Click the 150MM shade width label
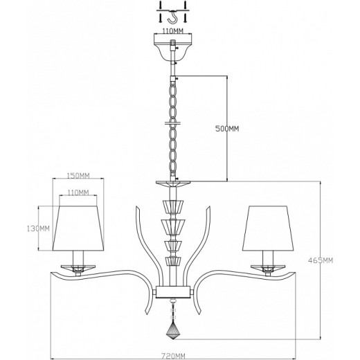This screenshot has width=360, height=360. (x=80, y=174)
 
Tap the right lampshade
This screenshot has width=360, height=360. (x=267, y=228)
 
